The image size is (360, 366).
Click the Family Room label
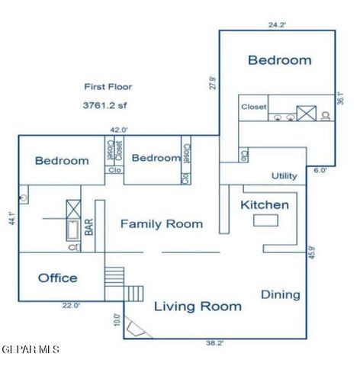point(162,223)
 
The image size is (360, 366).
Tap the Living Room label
point(198,307)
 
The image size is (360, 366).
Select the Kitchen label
point(265,205)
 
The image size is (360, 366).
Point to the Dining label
point(281,294)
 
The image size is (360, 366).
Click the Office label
point(58,278)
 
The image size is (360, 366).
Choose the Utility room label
point(284,176)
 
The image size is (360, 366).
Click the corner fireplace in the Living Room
point(136,329)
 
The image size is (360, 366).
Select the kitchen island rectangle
point(265,220)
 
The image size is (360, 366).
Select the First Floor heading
point(109,88)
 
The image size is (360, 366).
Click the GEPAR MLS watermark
point(31,350)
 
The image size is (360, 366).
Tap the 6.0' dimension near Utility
point(320,171)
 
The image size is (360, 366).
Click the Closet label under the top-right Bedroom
point(254,108)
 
